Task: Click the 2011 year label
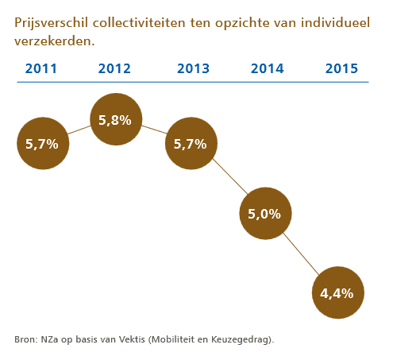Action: point(40,68)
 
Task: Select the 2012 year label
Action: point(114,68)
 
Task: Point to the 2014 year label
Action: point(267,68)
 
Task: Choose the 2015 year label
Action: point(341,68)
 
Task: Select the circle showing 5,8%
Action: point(117,120)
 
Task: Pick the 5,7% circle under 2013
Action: point(191,145)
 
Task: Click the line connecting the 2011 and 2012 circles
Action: point(79,133)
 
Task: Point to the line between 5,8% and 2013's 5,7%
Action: point(154,133)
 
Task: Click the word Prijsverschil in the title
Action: point(47,23)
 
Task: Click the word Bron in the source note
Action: point(25,339)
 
